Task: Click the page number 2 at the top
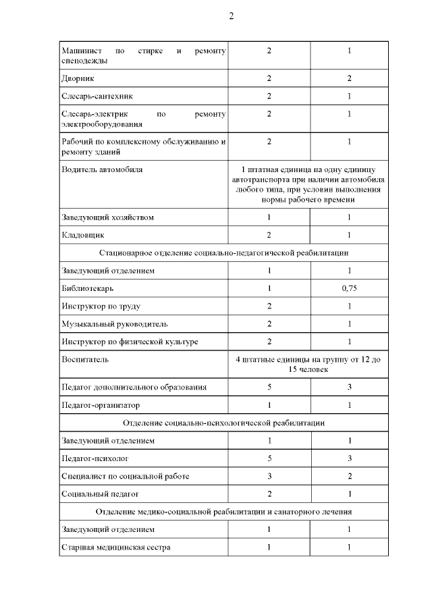(231, 16)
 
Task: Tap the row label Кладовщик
(82, 235)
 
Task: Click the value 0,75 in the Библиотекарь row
(349, 288)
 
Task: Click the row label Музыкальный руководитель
(109, 324)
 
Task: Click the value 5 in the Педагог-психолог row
(269, 458)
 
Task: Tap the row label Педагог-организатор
(101, 405)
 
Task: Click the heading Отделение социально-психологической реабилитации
(223, 423)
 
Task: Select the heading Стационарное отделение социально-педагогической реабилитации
(223, 253)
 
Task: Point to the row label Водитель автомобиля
(102, 169)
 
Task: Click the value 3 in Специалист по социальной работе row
(269, 476)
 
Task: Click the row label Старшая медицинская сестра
(115, 548)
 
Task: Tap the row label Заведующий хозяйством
(107, 217)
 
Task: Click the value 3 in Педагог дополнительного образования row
(349, 387)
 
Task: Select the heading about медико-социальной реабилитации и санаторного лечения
(223, 512)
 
